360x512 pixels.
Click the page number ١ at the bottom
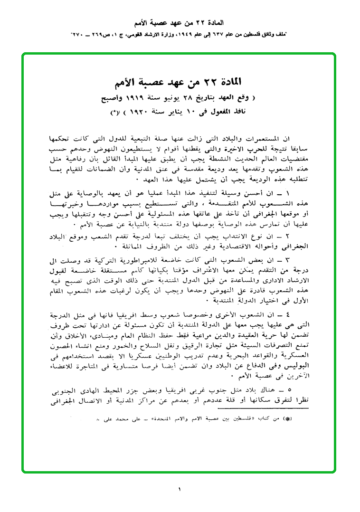click(x=180, y=489)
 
